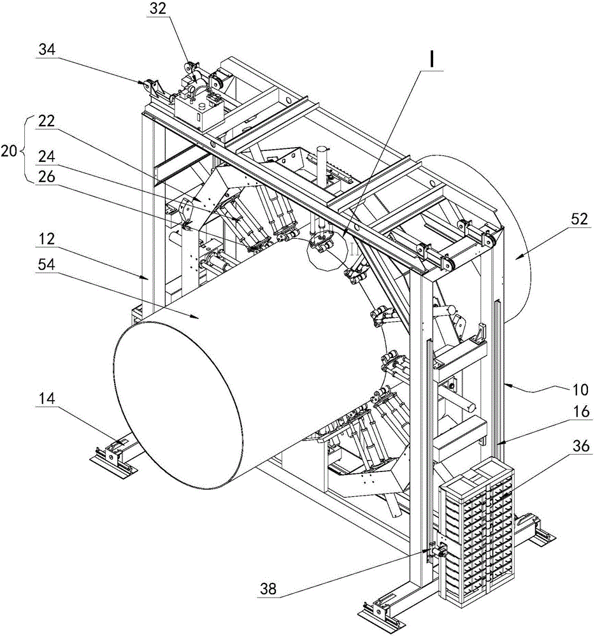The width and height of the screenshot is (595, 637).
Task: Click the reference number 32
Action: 157,8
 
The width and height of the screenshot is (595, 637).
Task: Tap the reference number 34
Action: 47,50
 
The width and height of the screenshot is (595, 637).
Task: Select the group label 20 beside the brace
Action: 9,151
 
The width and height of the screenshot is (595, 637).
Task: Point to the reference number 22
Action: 47,120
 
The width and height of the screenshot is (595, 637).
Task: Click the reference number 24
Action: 47,157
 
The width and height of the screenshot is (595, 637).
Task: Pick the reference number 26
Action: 47,176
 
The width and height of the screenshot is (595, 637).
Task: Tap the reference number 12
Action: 47,239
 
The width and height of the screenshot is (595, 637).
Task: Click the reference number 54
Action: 47,264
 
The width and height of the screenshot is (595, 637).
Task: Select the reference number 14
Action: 47,398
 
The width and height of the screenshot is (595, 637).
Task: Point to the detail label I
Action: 432,61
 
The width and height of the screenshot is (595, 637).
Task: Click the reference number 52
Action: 579,219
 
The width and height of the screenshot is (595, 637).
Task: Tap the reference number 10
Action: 580,390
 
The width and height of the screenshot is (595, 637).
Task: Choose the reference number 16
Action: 580,412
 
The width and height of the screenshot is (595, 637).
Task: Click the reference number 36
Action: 580,446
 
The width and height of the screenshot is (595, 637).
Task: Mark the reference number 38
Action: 268,588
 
